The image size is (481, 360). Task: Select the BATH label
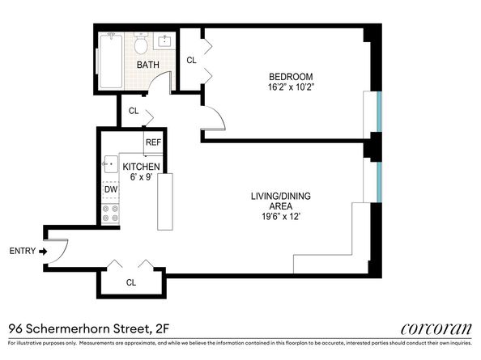tap(147, 65)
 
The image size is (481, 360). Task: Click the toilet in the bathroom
tap(140, 42)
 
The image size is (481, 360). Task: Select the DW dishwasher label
tap(110, 189)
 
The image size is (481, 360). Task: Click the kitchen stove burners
tap(110, 214)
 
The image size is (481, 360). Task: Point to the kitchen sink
tap(110, 164)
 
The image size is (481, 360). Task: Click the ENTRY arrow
tap(43, 251)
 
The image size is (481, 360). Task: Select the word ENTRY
tap(22, 251)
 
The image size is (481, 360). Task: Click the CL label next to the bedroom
tap(191, 60)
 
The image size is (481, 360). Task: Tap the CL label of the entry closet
tap(130, 283)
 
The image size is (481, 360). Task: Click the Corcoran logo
tap(435, 328)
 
